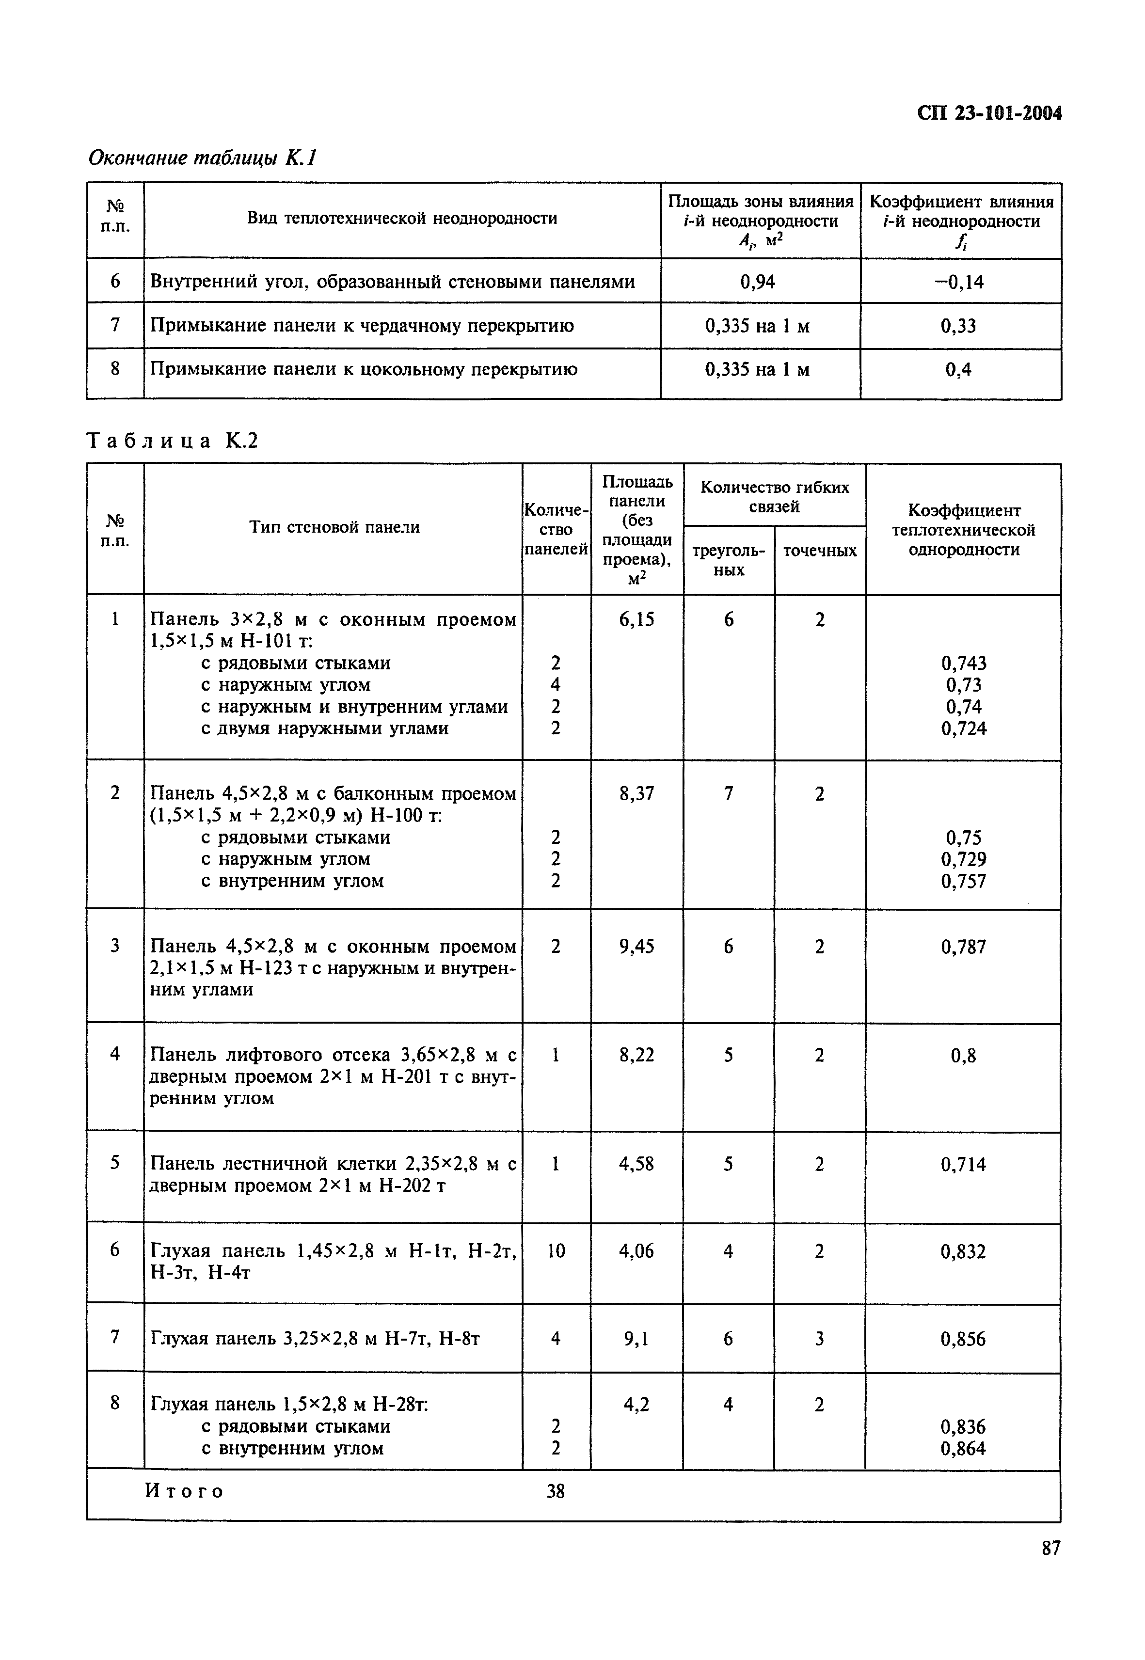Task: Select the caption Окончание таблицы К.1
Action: click(202, 158)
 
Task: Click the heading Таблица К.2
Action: click(172, 441)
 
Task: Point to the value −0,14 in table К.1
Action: click(959, 282)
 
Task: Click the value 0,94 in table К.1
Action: click(758, 282)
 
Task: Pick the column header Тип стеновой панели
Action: click(334, 527)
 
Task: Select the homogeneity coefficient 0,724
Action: click(964, 729)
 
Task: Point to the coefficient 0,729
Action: click(964, 859)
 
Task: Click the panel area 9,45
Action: click(636, 947)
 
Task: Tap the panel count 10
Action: click(556, 1251)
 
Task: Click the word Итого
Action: click(185, 1491)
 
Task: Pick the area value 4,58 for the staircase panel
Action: click(636, 1164)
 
